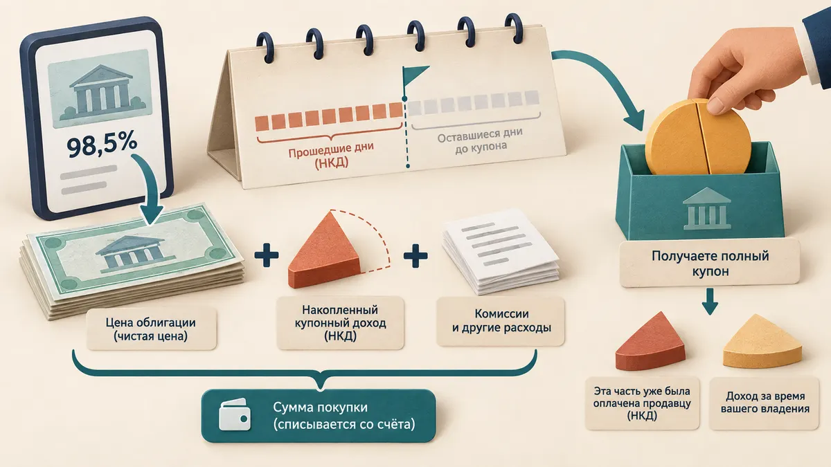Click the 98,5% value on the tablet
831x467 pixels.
(102, 146)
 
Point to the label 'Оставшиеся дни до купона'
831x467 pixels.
(480, 140)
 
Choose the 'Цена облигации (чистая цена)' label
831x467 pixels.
(151, 329)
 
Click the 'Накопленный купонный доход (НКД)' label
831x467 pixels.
(340, 322)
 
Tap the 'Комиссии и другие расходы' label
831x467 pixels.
(501, 320)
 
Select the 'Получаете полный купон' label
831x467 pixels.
(710, 264)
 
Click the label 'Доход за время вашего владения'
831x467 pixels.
(765, 403)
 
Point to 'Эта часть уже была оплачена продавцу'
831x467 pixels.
(642, 397)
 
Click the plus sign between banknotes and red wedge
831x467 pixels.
(267, 255)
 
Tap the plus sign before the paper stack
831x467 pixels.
(415, 255)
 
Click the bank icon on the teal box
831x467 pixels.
(707, 209)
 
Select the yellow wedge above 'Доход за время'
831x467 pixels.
(762, 341)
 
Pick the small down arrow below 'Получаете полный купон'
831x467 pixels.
(710, 302)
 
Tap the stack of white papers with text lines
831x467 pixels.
(501, 252)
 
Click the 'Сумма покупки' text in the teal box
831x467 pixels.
(320, 408)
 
